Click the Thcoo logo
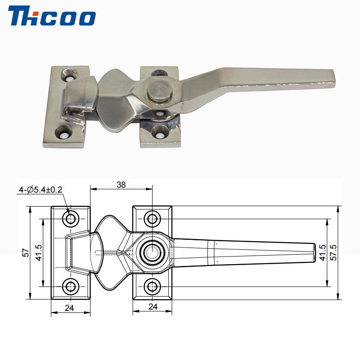52,16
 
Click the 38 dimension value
121,184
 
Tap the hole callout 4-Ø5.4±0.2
40,190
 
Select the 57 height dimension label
27,252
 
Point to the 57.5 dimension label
333,252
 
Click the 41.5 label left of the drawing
39,252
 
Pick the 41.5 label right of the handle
323,252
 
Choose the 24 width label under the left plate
69,308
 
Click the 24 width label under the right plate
153,306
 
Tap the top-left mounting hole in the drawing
71,219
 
